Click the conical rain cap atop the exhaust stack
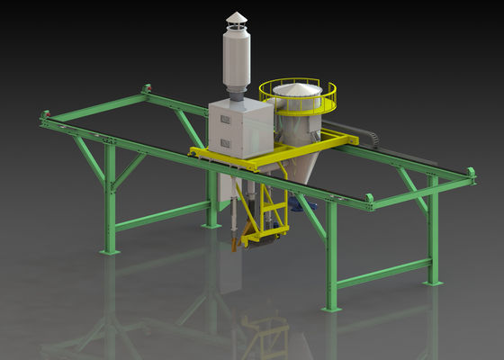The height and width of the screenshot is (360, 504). [236, 19]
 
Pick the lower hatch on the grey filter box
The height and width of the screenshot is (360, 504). [225, 143]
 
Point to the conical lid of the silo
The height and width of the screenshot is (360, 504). [298, 88]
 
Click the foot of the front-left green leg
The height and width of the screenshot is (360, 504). [111, 251]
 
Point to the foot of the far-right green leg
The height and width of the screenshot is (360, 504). [434, 282]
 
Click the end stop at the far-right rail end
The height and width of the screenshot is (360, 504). [470, 174]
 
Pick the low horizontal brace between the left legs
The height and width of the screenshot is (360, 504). [162, 216]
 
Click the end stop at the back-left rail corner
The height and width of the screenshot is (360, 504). [145, 89]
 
